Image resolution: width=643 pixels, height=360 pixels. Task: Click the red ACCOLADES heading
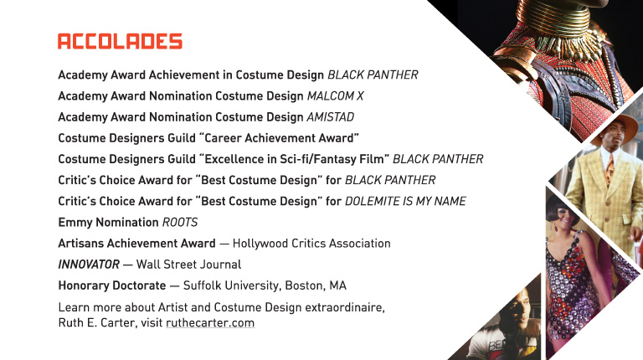pos(120,41)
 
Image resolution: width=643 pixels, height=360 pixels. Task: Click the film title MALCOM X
pos(336,96)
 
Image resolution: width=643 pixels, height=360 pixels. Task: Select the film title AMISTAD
pos(331,117)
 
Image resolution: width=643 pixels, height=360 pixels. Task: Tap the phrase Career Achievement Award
pos(279,138)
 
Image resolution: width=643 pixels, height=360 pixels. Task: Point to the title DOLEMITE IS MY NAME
pos(405,201)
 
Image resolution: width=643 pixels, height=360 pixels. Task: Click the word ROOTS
pos(180,222)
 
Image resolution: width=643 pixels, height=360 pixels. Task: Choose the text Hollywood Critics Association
pos(311,244)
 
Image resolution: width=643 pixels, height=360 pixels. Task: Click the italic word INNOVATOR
pos(89,265)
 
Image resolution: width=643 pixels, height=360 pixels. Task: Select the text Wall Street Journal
pos(188,265)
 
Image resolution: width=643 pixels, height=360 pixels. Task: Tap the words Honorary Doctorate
pos(112,285)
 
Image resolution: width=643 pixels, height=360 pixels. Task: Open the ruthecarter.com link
pos(210,323)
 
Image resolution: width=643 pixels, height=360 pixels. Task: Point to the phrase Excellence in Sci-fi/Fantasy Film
pos(294,159)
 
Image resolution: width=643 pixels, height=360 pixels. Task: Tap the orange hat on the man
pos(615,126)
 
